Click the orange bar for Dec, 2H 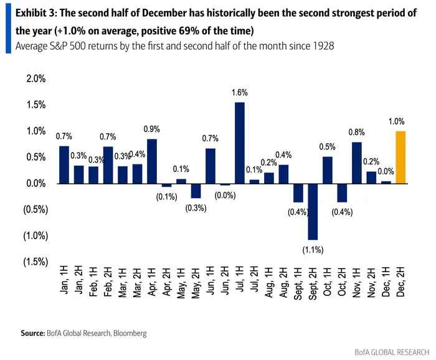click(400, 157)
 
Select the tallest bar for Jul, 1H click(240, 143)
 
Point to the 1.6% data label click(240, 92)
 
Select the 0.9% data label click(151, 129)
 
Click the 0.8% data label click(357, 131)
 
